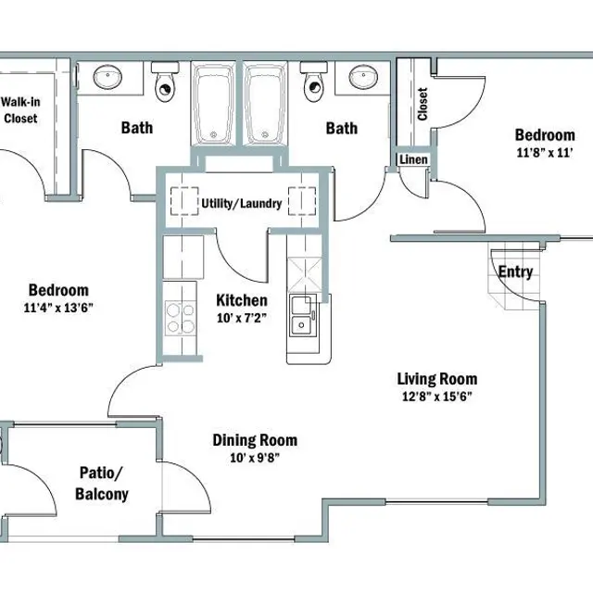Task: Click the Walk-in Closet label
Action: click(20, 110)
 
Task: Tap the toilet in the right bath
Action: click(312, 83)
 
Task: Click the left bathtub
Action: click(216, 105)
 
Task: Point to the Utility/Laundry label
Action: click(241, 203)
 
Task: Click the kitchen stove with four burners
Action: click(182, 318)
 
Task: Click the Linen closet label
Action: click(412, 159)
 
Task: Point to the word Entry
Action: click(515, 271)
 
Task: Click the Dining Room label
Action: click(255, 440)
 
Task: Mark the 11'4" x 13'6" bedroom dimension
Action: click(57, 308)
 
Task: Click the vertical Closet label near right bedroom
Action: click(423, 105)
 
